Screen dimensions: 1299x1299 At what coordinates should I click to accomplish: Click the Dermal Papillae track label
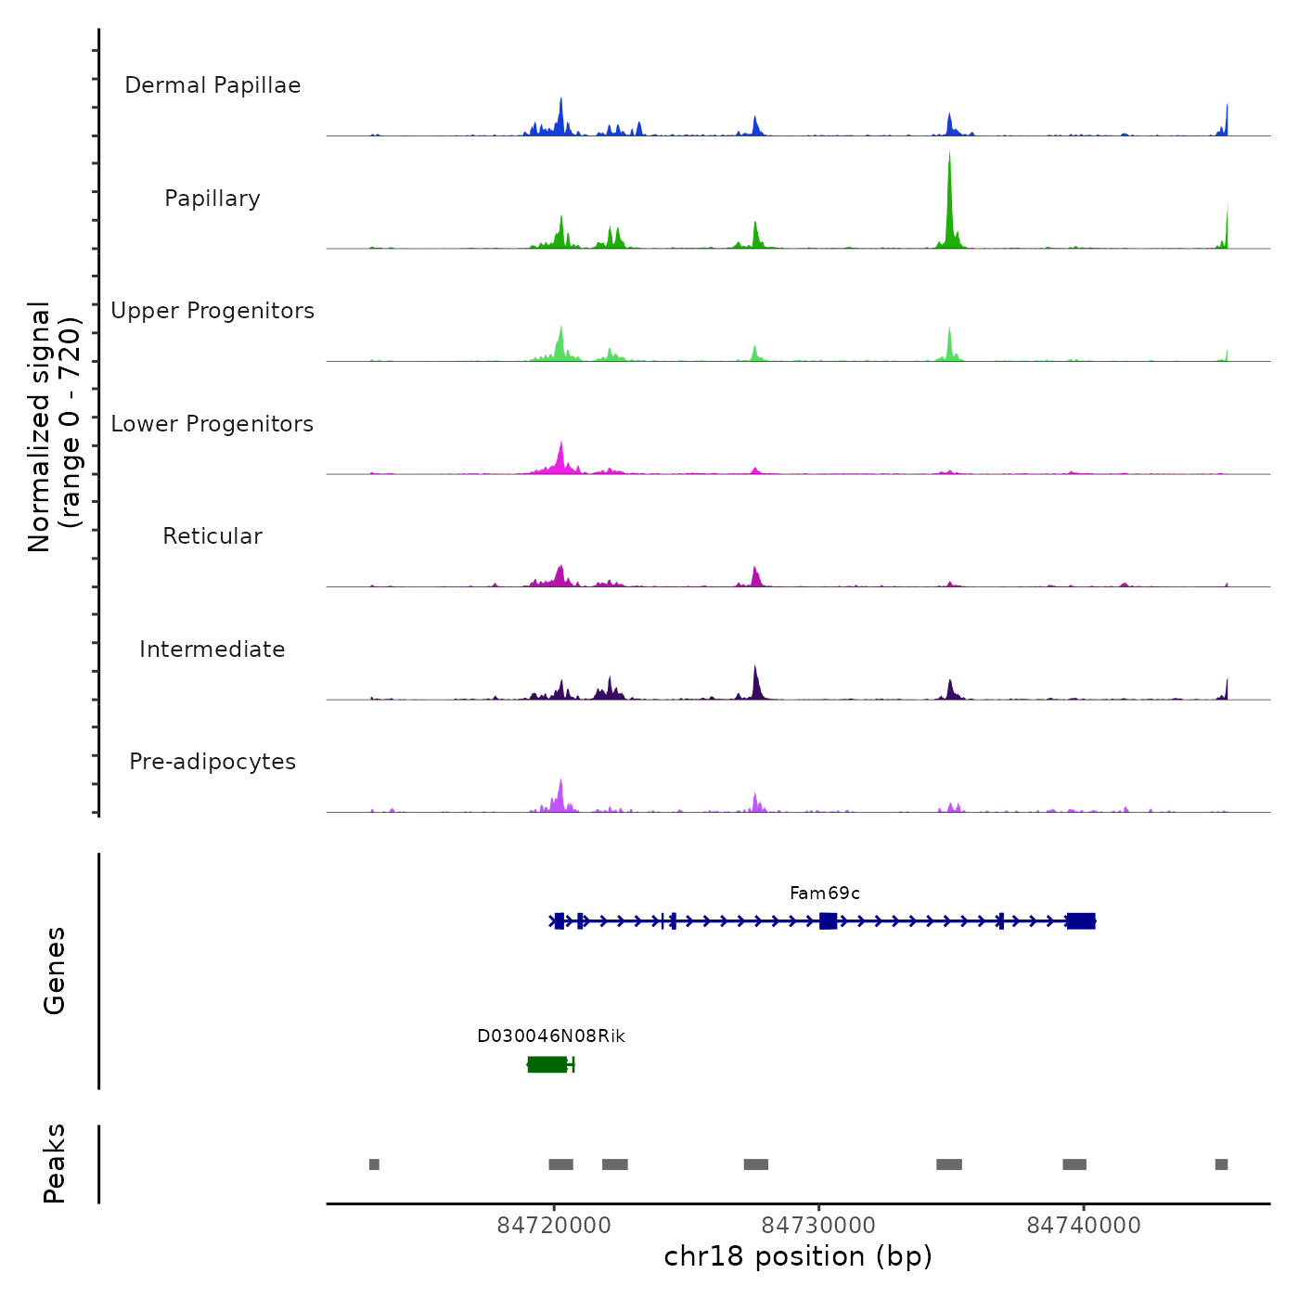(212, 85)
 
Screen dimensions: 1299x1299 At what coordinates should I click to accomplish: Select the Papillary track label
(212, 199)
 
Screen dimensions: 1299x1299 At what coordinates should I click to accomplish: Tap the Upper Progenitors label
(212, 311)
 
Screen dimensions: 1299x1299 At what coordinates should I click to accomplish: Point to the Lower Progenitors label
(212, 424)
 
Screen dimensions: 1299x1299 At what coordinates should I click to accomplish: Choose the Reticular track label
(212, 536)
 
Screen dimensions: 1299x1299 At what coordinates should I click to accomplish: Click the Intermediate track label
(212, 649)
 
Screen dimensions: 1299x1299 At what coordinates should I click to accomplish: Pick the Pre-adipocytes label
(212, 762)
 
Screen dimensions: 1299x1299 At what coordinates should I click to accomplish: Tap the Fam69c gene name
(824, 894)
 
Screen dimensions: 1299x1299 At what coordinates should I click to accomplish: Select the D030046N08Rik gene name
(551, 1036)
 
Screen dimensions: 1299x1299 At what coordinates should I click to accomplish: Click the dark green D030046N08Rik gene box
(547, 1064)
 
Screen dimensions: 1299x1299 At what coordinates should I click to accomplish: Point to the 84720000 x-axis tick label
(554, 1226)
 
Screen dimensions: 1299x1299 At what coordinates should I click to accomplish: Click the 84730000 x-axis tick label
(818, 1226)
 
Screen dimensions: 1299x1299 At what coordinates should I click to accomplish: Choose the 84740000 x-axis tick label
(1084, 1226)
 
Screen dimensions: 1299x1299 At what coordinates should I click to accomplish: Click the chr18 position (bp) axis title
(798, 1256)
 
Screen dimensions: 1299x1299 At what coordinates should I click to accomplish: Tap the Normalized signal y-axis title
(54, 426)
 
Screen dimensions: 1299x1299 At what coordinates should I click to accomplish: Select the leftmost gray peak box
(374, 1164)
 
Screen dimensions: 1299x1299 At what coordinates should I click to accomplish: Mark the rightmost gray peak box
(1221, 1164)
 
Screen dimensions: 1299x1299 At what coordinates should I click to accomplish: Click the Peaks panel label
(55, 1164)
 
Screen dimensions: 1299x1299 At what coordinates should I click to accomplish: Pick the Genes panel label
(55, 971)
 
